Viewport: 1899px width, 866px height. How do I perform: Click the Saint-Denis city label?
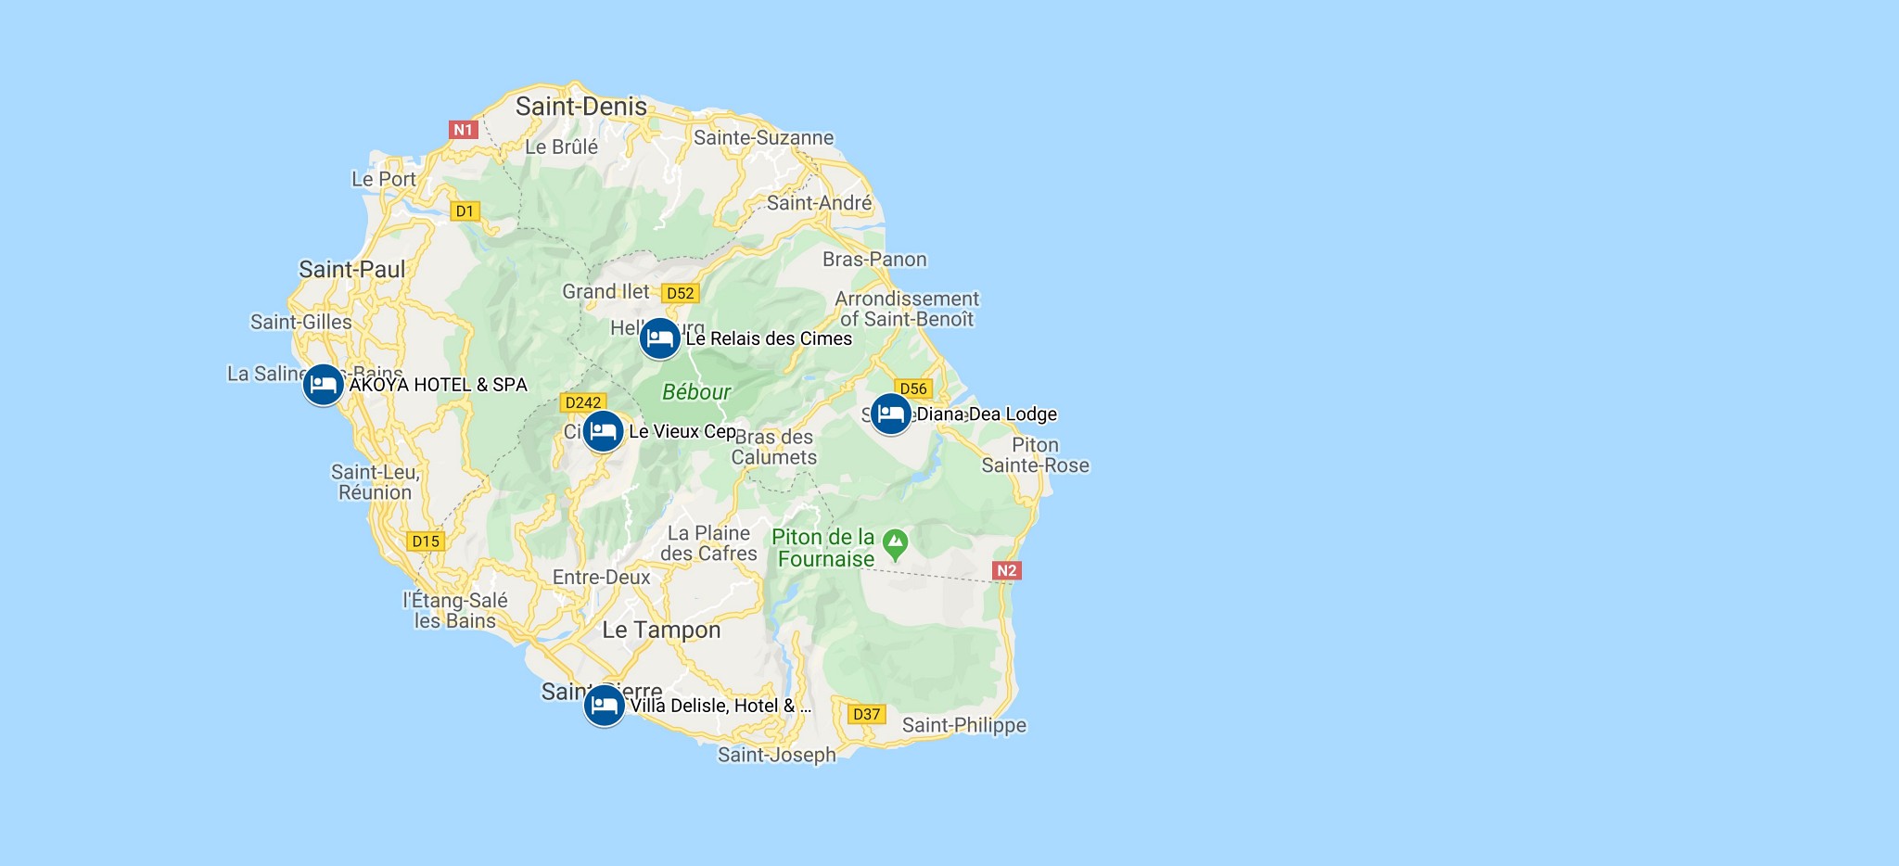tap(581, 107)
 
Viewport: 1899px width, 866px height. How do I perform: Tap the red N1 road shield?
tap(463, 130)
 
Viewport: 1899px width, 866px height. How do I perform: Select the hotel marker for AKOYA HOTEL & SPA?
tap(323, 384)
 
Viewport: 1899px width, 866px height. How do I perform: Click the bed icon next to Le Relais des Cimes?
tap(659, 338)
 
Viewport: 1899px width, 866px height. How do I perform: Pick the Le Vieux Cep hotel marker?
tap(603, 431)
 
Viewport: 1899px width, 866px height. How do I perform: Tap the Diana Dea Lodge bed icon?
tap(890, 414)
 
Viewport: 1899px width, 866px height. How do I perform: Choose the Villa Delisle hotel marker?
tap(604, 706)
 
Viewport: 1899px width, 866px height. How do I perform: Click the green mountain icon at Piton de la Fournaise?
tap(895, 544)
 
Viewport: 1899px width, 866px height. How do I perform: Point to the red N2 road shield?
tap(1006, 570)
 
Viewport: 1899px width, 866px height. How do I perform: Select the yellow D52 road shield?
tap(680, 293)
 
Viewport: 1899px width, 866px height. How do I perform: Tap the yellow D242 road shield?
tap(583, 402)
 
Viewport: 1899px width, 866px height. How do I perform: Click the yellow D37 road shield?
tap(866, 714)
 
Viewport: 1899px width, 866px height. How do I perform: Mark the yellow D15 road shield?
tap(426, 541)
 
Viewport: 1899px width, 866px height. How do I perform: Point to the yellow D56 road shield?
tap(913, 388)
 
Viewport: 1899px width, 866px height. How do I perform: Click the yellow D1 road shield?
tap(465, 211)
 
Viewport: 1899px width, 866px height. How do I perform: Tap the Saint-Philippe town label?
tap(964, 725)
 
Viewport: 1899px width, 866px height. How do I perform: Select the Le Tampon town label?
tap(661, 630)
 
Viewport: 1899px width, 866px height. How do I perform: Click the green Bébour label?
tap(696, 392)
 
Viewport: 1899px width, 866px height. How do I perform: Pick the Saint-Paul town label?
tap(352, 270)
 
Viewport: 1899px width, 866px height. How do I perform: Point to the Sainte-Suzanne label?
tap(763, 138)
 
